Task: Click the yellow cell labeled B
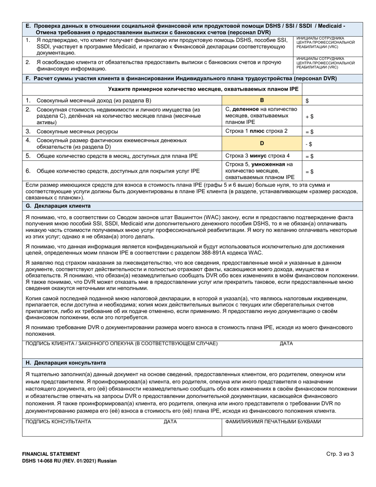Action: (261, 101)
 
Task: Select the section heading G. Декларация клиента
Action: (58, 206)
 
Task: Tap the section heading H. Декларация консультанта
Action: (65, 363)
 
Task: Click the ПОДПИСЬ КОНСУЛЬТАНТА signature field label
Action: (58, 422)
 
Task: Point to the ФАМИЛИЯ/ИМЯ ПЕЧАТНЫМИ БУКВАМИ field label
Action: (273, 422)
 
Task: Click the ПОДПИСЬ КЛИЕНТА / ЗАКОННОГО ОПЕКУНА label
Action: (121, 343)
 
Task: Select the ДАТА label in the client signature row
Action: (286, 343)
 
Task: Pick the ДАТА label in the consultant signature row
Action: (170, 422)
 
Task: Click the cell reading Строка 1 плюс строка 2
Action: (256, 131)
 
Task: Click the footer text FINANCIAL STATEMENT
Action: (51, 454)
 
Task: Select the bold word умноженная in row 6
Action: (273, 164)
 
